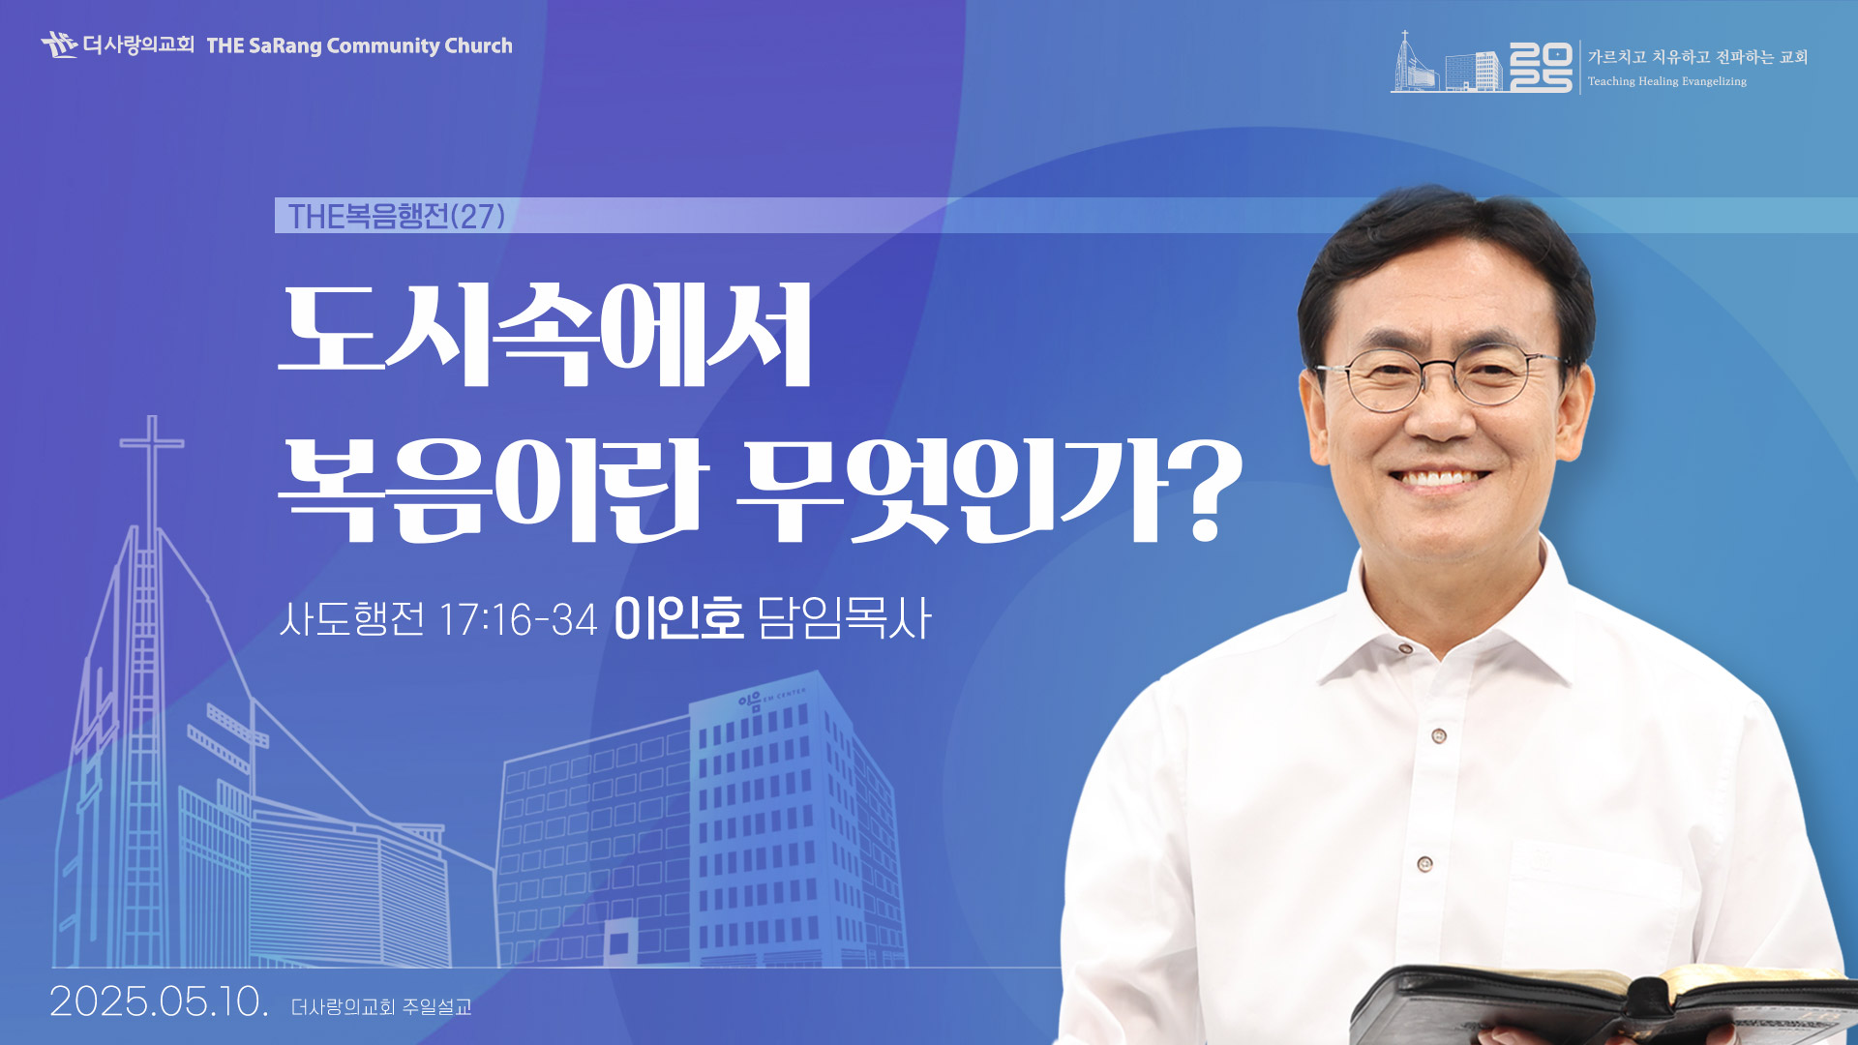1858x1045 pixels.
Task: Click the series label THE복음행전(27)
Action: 397,216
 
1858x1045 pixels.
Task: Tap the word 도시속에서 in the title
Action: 545,335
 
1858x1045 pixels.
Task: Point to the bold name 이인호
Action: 678,618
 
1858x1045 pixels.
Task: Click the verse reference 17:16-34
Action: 518,620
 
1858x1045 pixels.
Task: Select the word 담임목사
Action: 844,618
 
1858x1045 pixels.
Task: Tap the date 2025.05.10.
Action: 159,1001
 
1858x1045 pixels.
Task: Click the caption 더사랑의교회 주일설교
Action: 381,1007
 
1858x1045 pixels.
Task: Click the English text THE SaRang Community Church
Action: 359,45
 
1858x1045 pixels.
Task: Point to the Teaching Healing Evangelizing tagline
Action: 1667,81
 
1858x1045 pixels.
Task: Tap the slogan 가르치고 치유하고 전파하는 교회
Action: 1697,57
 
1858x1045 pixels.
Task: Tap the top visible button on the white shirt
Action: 1405,647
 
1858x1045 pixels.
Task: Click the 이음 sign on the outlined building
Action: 750,700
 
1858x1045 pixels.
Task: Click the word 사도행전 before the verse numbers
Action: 352,619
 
